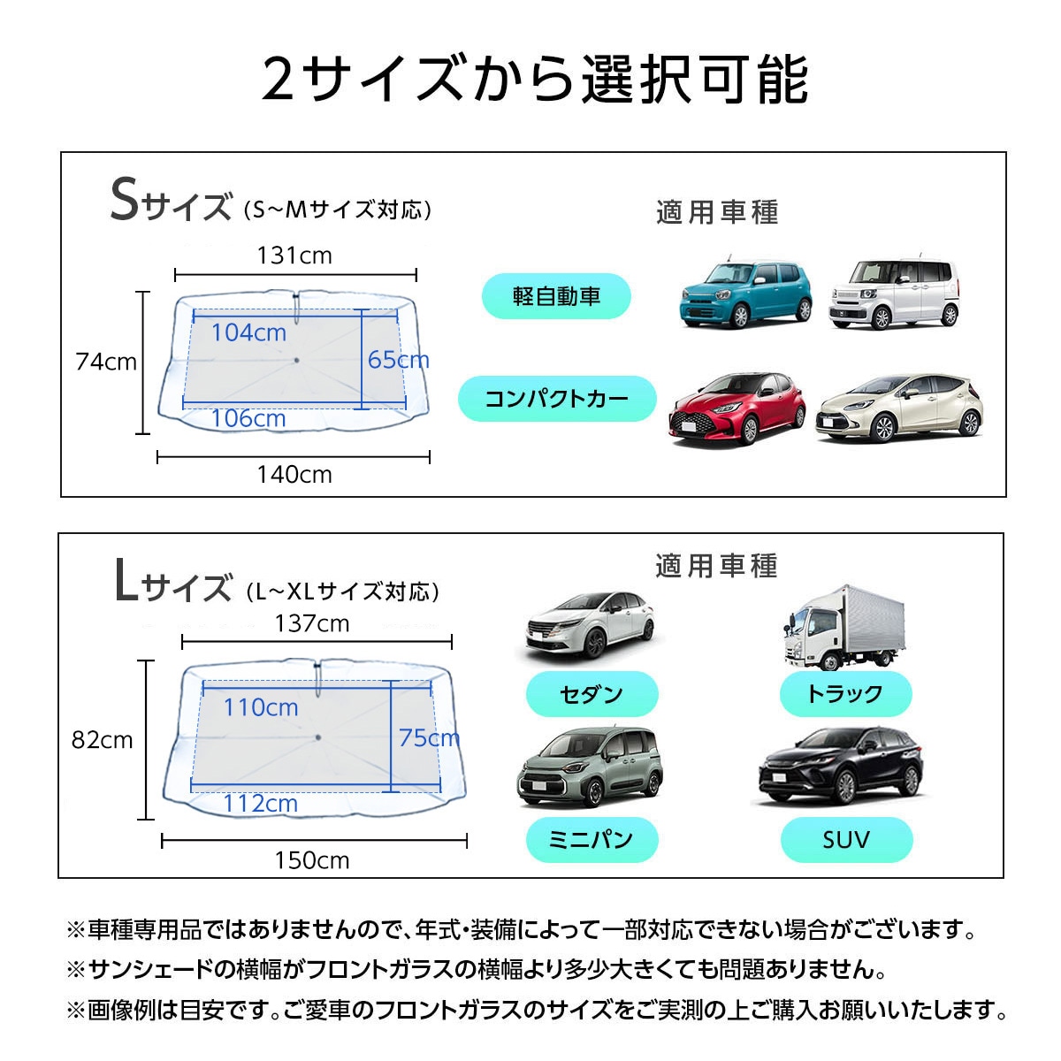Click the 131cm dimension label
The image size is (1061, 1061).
[294, 256]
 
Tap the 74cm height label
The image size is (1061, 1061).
[106, 362]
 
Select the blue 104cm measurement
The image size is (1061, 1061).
[248, 332]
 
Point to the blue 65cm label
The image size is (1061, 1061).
[398, 360]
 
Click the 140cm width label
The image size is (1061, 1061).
[294, 475]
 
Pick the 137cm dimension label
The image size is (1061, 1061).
[312, 624]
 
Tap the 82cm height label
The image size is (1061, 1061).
[103, 740]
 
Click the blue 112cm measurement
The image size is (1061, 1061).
[261, 804]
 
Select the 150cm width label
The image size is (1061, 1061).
[312, 860]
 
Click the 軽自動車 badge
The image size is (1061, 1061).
[556, 296]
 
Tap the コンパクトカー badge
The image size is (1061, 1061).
[557, 399]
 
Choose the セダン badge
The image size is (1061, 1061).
[592, 694]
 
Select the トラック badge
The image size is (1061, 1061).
[846, 694]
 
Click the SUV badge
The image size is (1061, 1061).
[847, 840]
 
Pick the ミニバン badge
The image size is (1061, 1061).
[592, 840]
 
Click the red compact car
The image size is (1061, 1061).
[737, 408]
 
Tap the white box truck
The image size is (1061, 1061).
[843, 628]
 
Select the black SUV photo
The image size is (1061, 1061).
[841, 767]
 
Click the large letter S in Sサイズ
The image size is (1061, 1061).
[125, 199]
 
